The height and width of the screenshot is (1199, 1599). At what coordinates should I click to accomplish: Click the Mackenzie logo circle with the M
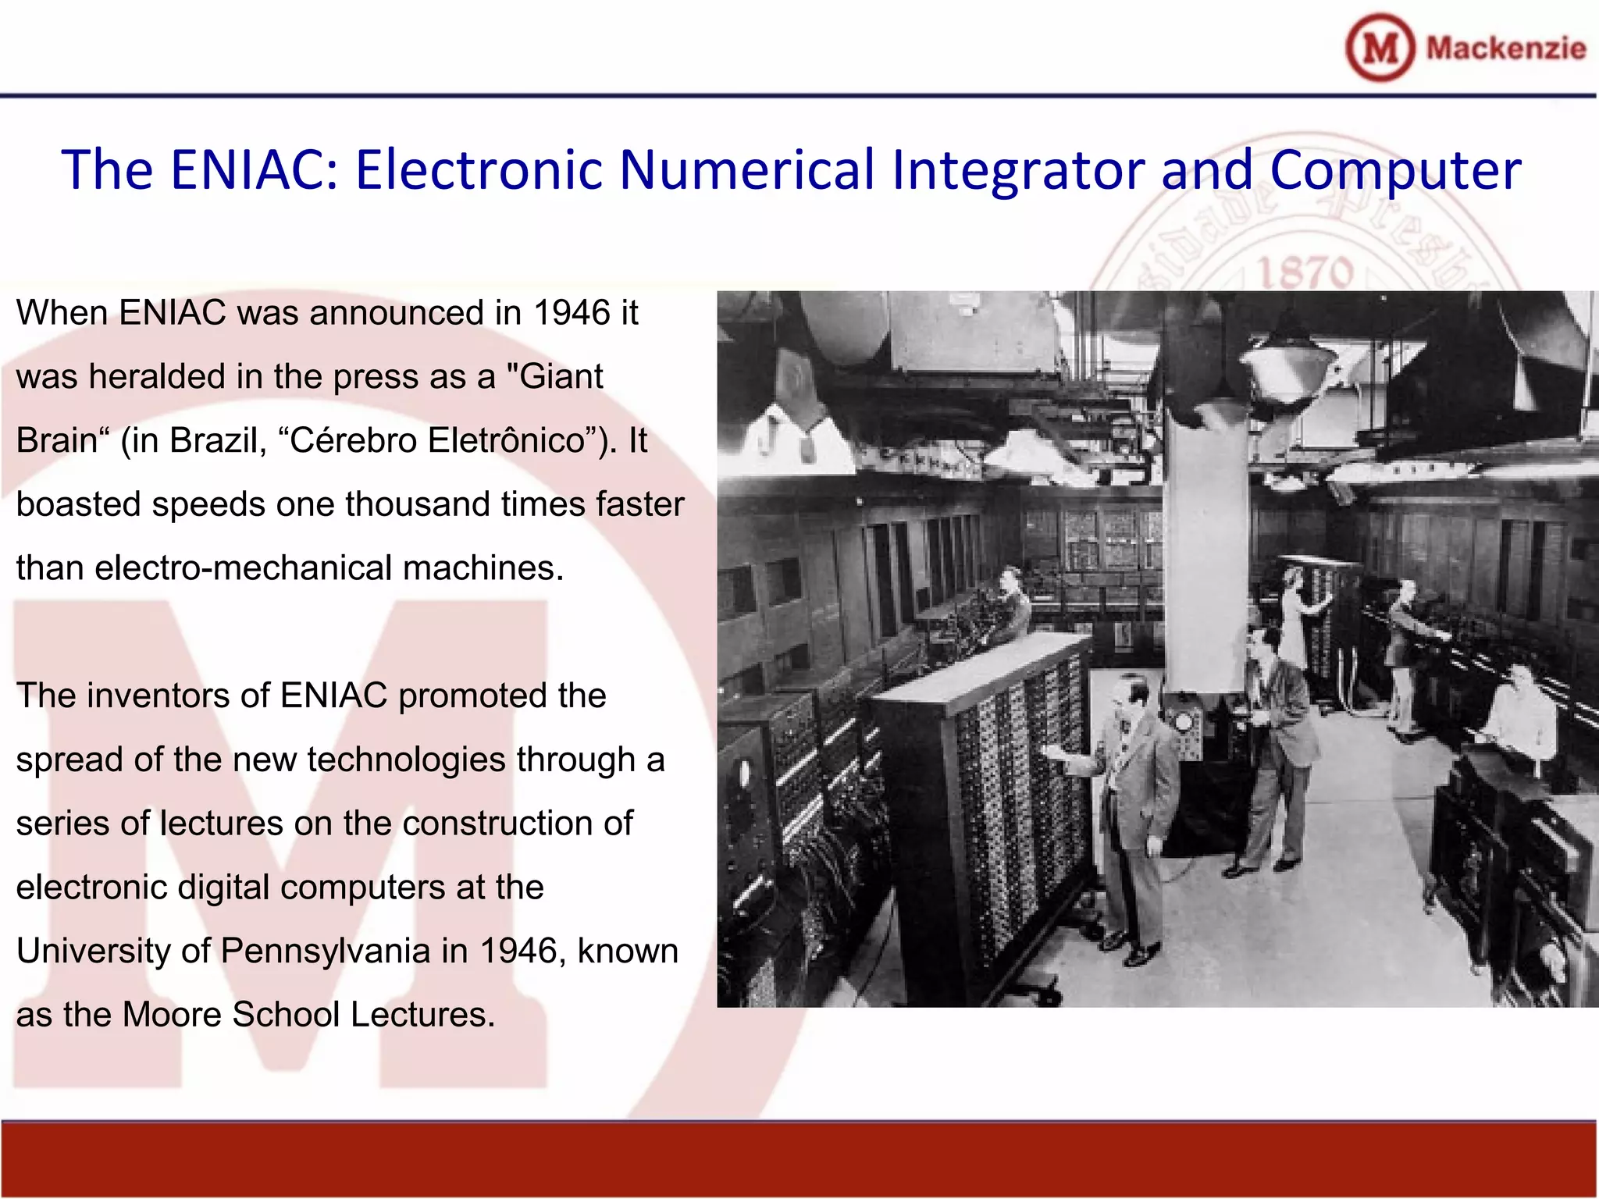(1380, 48)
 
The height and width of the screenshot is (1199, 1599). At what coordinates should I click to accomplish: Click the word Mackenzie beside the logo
(1505, 48)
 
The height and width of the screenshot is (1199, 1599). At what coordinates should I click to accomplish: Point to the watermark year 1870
(1305, 272)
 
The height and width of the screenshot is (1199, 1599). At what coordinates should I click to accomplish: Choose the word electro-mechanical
(243, 568)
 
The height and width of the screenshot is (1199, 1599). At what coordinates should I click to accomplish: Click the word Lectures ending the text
(422, 1016)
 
